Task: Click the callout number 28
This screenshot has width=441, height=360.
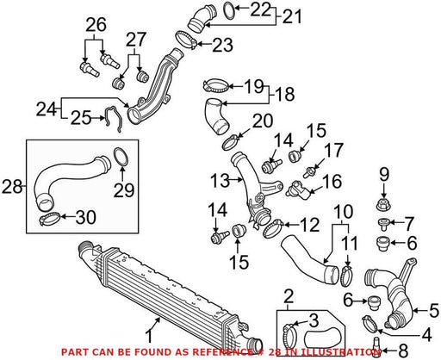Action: coord(12,187)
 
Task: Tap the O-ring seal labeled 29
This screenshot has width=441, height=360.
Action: coord(121,157)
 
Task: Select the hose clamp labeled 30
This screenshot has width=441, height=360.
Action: coord(49,219)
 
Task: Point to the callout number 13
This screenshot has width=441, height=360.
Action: coord(220,181)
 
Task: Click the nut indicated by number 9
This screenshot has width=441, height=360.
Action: coord(383,203)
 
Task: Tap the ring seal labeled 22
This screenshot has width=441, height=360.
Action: coord(229,11)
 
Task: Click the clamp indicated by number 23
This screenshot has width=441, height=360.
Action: coord(185,40)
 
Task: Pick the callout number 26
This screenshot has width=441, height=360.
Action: coord(96,25)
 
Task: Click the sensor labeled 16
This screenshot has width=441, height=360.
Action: coord(298,189)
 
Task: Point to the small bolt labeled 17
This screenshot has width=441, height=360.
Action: coord(309,172)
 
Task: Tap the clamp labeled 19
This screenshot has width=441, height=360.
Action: coord(216,85)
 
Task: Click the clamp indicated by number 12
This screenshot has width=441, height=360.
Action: coord(273,228)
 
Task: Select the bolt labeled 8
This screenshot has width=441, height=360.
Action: coord(376,347)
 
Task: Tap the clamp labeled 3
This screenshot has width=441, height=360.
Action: coord(292,334)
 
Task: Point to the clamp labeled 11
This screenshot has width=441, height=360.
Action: coord(346,276)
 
